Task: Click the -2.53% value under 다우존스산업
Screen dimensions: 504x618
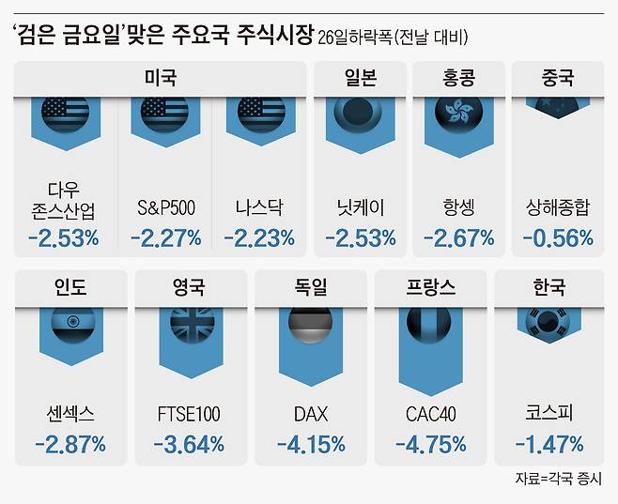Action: click(x=63, y=238)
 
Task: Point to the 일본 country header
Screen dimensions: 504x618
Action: click(x=360, y=78)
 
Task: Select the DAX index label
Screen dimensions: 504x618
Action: click(x=312, y=414)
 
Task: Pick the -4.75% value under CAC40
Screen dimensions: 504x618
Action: click(x=431, y=444)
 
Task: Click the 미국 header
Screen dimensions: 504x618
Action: click(x=161, y=78)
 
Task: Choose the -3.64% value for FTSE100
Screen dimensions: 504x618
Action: click(x=192, y=444)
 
